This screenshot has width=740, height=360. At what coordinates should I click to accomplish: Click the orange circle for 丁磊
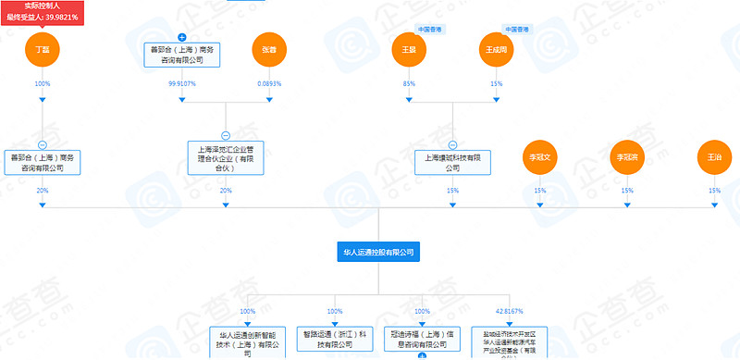(x=42, y=50)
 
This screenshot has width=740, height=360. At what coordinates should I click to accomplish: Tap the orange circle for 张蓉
(x=269, y=50)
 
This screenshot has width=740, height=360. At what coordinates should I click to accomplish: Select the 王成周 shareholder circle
(x=497, y=50)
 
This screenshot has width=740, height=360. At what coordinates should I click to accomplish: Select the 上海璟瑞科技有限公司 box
(x=452, y=163)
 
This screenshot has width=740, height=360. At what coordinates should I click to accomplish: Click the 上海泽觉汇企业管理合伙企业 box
(x=226, y=158)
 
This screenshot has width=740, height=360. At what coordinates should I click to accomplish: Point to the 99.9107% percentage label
(x=182, y=83)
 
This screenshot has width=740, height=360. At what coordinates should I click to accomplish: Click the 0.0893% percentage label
(x=269, y=83)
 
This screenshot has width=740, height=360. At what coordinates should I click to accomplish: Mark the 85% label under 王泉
(x=409, y=83)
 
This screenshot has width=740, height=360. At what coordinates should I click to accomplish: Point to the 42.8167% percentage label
(x=509, y=312)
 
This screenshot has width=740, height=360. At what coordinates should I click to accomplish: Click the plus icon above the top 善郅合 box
(x=182, y=36)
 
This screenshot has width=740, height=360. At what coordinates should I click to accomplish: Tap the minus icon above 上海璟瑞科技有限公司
(x=452, y=144)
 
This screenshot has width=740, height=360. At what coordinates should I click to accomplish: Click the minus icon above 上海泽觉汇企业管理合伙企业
(x=226, y=135)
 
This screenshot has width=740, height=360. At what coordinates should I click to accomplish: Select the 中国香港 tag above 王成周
(x=516, y=30)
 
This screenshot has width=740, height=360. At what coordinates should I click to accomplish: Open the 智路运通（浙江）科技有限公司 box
(x=335, y=338)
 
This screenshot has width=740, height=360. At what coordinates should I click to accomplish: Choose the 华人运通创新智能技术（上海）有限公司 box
(x=248, y=342)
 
